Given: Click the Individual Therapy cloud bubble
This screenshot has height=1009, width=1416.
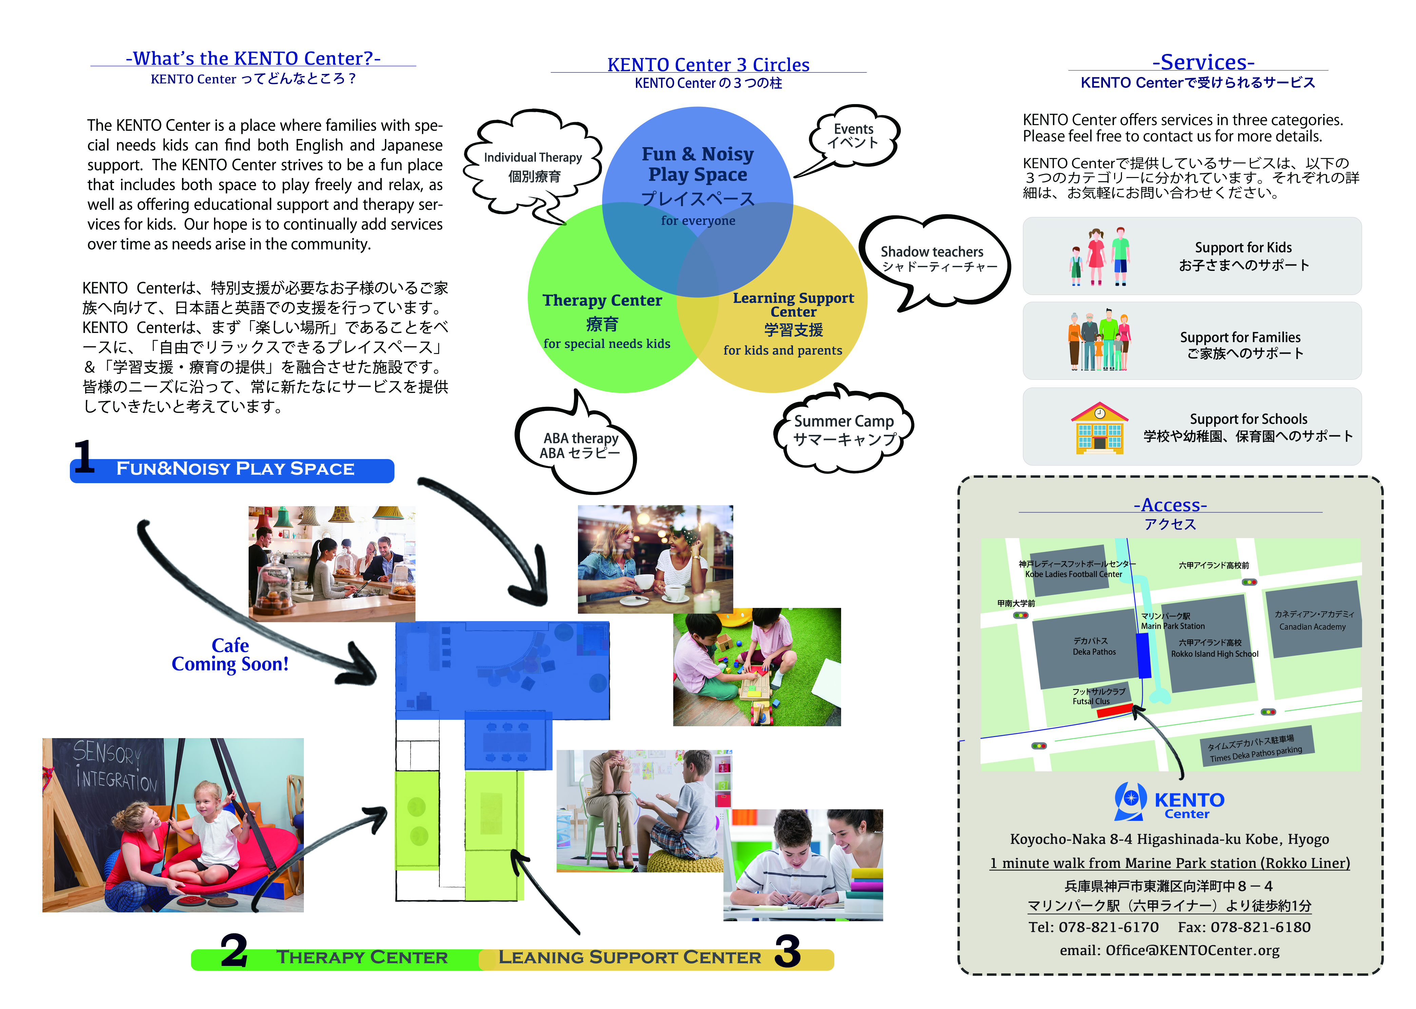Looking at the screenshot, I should click(x=533, y=166).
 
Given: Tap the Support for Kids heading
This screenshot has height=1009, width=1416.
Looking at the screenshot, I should click(x=1243, y=247).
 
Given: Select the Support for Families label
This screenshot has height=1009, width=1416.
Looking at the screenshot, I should click(x=1240, y=337).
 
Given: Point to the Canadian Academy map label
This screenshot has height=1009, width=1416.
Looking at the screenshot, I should click(x=1312, y=627).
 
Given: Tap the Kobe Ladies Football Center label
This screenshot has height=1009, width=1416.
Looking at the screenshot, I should click(x=1073, y=574).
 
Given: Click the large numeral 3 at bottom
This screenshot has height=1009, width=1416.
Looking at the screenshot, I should click(x=788, y=952).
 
